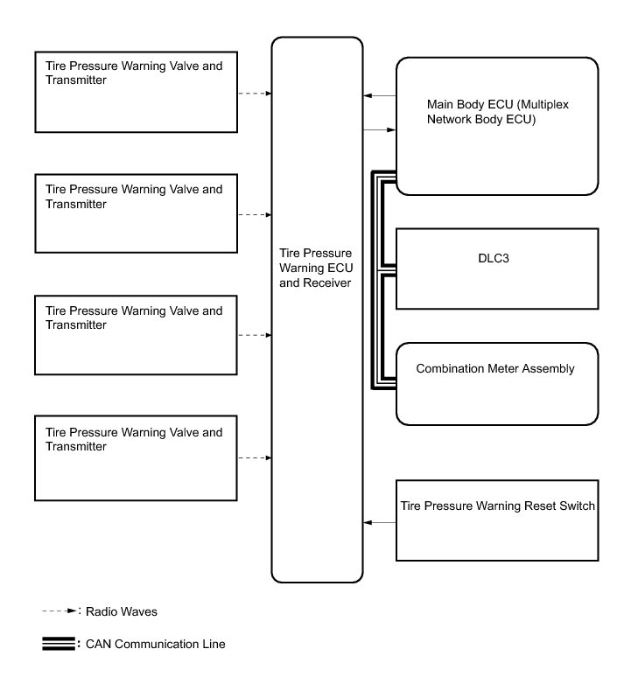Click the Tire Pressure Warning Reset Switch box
497,520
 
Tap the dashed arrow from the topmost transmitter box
254,93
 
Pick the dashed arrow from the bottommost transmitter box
254,457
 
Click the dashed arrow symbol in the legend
60,611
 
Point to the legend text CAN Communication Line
155,645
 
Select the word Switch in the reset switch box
578,506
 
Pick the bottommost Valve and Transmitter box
136,458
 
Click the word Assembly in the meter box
550,368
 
